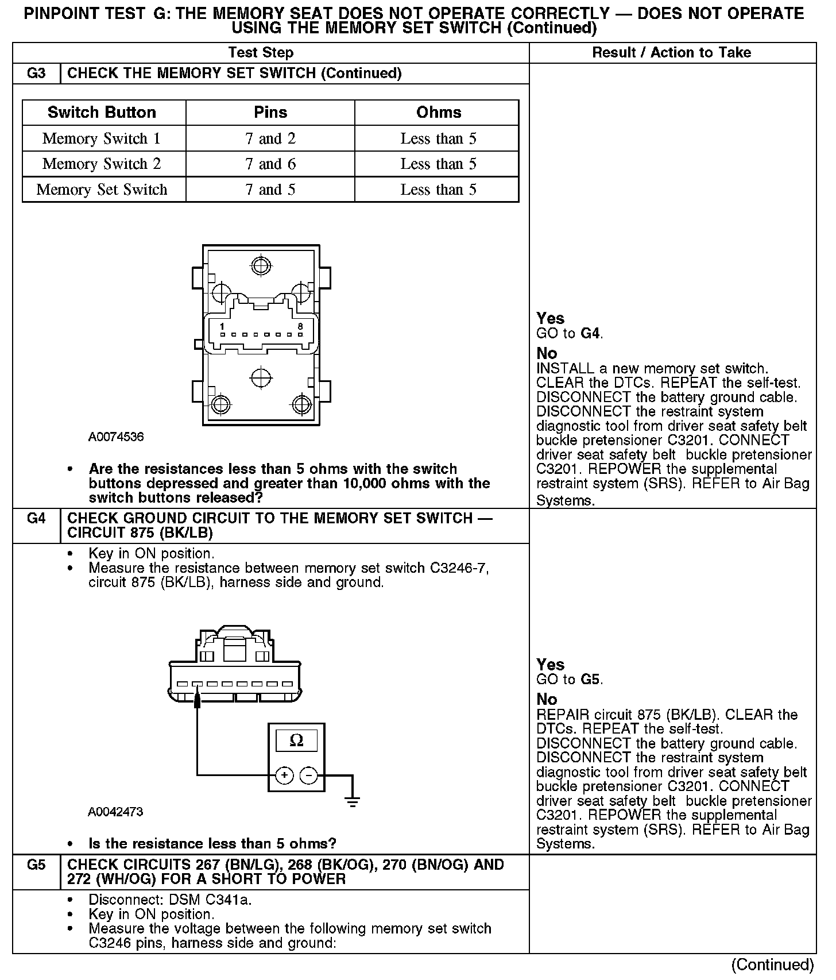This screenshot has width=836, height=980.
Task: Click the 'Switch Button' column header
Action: tap(102, 112)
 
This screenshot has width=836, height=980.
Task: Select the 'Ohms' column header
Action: tap(439, 112)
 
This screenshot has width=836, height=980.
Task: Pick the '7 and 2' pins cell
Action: tap(270, 138)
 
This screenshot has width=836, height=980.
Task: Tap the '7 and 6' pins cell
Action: tap(270, 164)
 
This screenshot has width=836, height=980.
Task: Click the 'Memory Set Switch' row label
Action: tap(102, 190)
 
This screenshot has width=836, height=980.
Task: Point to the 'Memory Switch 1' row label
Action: tap(102, 138)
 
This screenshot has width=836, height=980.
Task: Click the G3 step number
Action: tap(36, 74)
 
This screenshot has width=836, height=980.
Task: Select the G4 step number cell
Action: tap(36, 518)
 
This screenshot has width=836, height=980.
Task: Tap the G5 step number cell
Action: tap(36, 865)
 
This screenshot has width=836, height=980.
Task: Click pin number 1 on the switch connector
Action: tap(222, 326)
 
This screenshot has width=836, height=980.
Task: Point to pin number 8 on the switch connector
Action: tap(300, 326)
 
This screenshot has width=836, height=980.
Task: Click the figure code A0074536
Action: tap(116, 437)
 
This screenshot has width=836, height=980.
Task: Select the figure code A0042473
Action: tap(116, 812)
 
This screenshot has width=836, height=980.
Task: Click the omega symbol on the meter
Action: tap(296, 740)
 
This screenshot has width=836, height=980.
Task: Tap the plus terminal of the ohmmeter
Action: tap(284, 775)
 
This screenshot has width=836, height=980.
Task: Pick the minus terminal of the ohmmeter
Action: tap(309, 775)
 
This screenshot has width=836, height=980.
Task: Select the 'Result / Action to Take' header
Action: tap(671, 53)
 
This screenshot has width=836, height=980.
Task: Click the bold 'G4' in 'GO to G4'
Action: tap(591, 333)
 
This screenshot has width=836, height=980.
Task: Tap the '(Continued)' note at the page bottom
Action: tap(773, 964)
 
